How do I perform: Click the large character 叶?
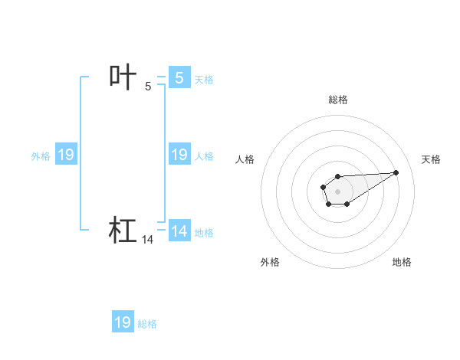[123, 77]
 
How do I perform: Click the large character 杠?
[123, 230]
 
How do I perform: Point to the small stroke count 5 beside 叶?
[148, 87]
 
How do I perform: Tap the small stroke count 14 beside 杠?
[148, 240]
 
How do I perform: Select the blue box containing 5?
[179, 77]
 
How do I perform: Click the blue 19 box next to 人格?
[179, 155]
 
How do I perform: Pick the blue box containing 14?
[179, 231]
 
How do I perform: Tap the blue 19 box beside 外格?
[66, 155]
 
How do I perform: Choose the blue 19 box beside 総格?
[123, 322]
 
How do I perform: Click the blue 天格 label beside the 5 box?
[204, 79]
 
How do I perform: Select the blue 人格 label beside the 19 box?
[204, 156]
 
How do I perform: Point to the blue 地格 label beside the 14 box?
[204, 233]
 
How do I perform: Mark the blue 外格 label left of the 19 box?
[41, 156]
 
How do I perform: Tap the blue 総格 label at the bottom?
[147, 324]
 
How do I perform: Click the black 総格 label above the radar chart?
[338, 100]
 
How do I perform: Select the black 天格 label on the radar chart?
[431, 159]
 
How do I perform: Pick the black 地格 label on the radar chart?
[402, 262]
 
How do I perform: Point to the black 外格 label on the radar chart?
[270, 262]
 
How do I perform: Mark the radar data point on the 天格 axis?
[396, 172]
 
